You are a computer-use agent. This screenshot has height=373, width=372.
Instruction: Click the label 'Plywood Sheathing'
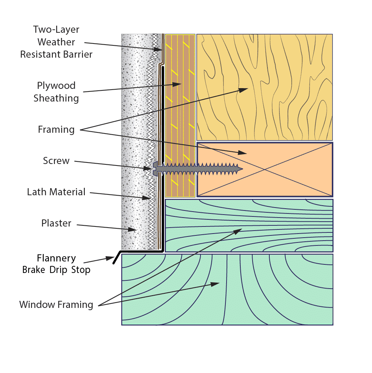tap(56, 92)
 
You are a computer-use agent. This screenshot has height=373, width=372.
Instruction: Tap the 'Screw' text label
tap(56, 161)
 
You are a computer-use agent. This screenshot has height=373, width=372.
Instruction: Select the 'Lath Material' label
tap(56, 192)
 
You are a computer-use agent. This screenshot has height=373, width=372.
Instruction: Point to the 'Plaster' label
tap(56, 223)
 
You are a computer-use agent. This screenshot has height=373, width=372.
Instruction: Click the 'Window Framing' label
tap(56, 305)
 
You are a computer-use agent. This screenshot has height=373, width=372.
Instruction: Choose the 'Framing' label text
tap(56, 130)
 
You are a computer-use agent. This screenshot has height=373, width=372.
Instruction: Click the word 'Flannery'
tap(56, 258)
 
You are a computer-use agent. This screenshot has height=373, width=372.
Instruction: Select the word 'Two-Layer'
tap(56, 29)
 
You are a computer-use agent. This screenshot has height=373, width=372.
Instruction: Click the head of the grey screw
tap(155, 169)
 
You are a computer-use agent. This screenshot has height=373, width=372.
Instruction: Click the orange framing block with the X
tap(264, 169)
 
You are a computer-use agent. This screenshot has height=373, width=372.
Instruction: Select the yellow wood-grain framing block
tap(264, 87)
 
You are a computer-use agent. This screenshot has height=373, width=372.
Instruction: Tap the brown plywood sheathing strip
tap(180, 116)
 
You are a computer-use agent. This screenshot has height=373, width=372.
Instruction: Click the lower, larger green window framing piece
tap(227, 289)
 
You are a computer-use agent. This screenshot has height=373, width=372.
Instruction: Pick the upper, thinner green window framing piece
tap(249, 225)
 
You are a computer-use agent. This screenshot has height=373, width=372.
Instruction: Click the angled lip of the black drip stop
tap(117, 257)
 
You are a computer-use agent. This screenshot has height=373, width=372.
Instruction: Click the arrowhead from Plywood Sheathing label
tap(177, 84)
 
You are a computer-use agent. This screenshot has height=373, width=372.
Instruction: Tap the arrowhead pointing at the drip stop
tap(110, 258)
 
